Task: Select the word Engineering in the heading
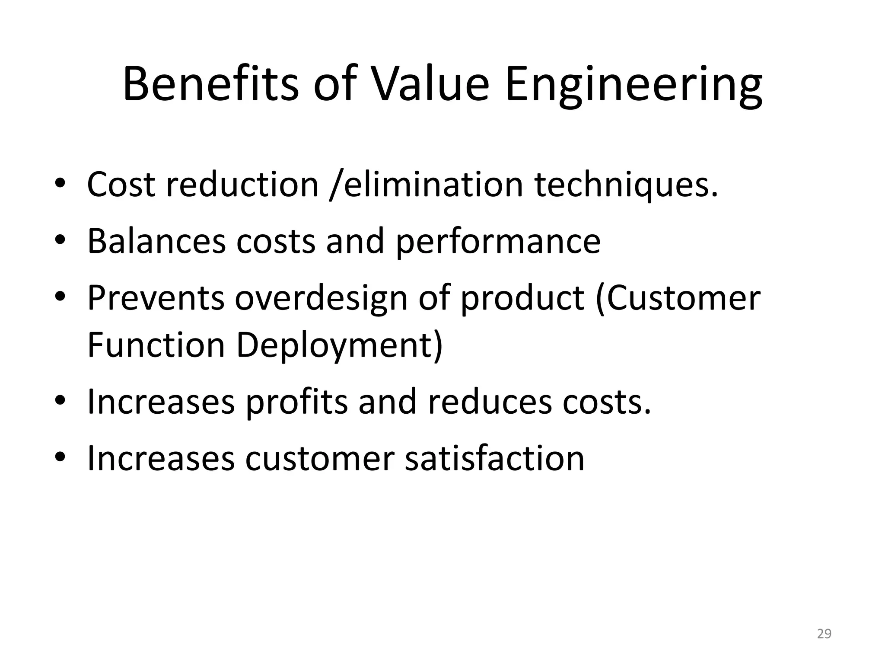(634, 85)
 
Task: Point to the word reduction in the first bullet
(242, 185)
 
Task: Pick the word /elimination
(426, 185)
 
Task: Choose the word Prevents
(156, 298)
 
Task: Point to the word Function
(156, 345)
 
